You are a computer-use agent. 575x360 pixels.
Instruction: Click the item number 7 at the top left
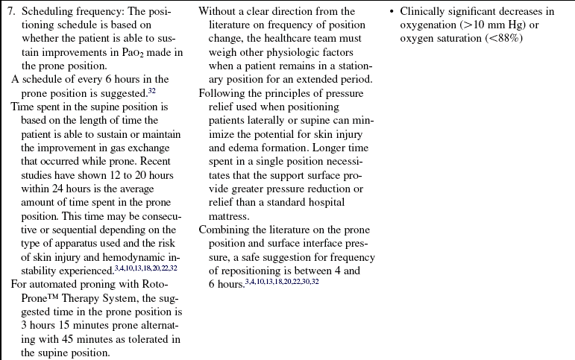click(12, 12)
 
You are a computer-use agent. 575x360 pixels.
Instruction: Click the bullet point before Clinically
click(392, 12)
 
